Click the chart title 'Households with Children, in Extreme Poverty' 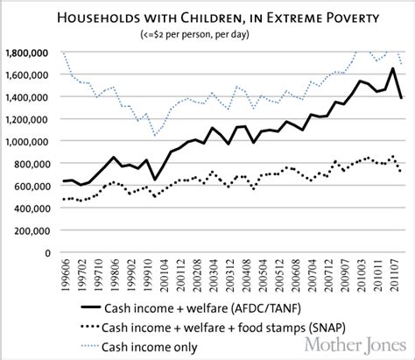point(207,18)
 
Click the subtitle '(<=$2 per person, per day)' point(207,35)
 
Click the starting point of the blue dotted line point(65,53)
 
